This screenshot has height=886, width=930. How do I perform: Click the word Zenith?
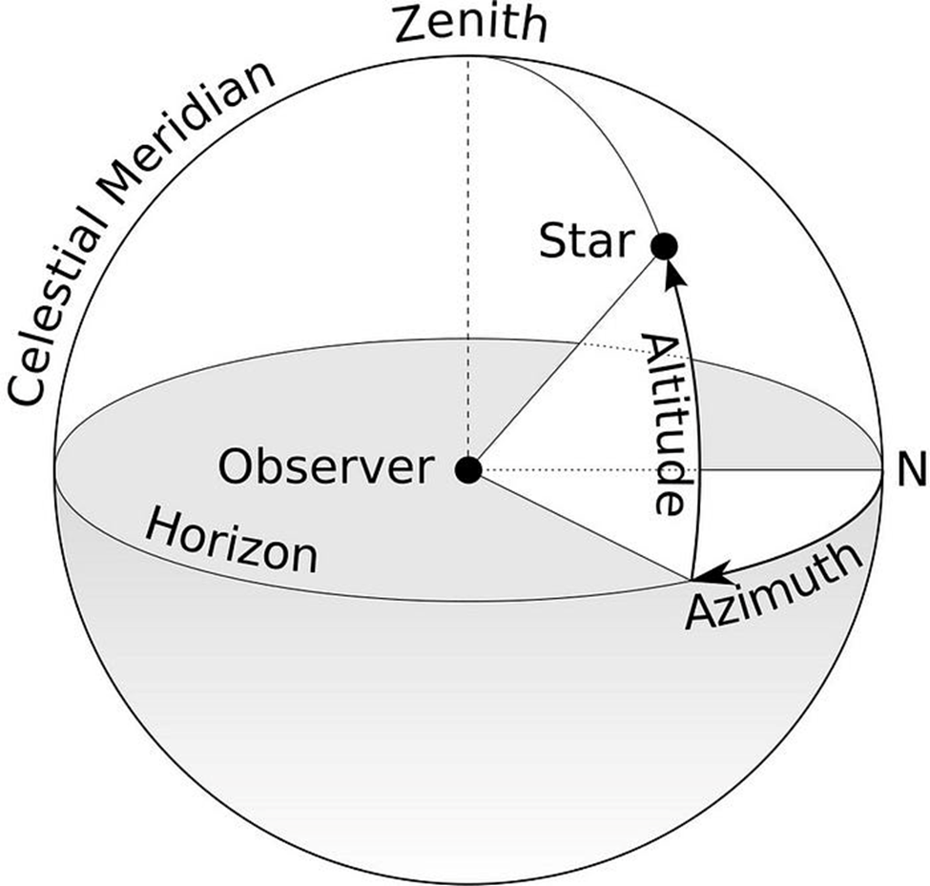click(471, 26)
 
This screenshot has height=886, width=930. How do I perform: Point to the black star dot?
click(664, 246)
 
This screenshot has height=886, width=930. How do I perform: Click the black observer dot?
click(468, 469)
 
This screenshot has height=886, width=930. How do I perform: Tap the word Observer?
click(324, 468)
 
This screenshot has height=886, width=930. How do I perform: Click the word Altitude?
click(664, 424)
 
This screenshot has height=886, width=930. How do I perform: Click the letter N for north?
click(912, 469)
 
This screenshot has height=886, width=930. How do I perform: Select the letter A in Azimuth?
click(700, 611)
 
